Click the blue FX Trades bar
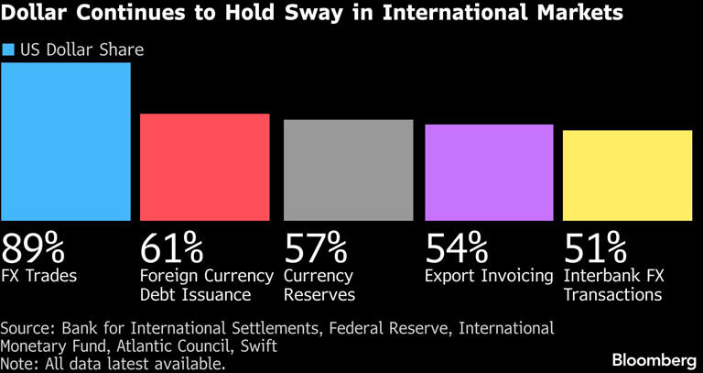point(66,142)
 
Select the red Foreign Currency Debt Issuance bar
point(204,167)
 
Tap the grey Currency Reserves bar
point(348,170)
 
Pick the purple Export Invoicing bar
point(490,172)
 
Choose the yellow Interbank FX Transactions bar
point(627,175)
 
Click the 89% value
point(33,247)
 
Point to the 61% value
point(171,247)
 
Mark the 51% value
point(595,247)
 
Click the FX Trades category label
point(40,275)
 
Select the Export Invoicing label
point(489,275)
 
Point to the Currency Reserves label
point(319,285)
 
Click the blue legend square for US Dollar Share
point(9,49)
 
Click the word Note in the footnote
point(19,362)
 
